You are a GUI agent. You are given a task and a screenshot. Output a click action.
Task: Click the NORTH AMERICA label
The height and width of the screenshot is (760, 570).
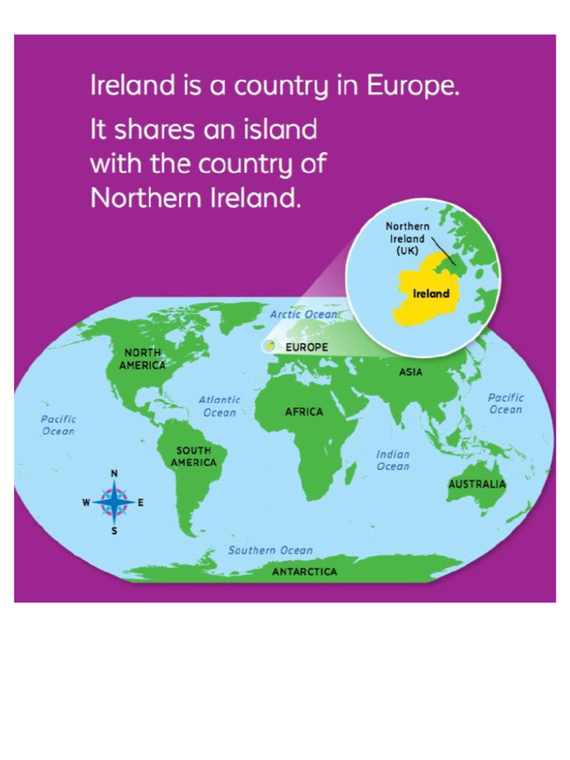tap(142, 358)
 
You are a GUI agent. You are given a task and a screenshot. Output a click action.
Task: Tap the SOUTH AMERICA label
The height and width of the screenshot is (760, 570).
tap(194, 456)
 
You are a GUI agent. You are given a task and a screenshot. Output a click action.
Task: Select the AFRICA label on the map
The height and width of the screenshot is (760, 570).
tap(304, 412)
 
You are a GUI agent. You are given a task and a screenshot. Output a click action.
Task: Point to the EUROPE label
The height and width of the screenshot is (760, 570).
tap(307, 347)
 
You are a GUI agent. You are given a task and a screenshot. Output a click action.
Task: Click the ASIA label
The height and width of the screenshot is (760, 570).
tap(410, 372)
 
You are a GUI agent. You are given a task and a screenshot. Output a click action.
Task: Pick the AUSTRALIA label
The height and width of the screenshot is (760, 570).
tap(476, 484)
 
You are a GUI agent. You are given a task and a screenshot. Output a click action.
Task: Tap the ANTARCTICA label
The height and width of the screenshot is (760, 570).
tap(304, 571)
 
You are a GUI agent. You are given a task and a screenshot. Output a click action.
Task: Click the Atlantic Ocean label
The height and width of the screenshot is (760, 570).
tap(220, 406)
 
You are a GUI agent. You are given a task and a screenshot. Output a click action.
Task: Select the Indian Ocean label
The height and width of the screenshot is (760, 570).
tap(393, 460)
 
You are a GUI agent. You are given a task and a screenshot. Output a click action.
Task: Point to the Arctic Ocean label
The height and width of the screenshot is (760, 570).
tap(303, 315)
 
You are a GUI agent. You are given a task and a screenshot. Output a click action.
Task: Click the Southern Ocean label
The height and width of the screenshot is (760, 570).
tap(270, 551)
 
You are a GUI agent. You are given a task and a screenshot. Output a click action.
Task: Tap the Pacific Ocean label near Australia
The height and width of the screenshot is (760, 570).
tap(505, 404)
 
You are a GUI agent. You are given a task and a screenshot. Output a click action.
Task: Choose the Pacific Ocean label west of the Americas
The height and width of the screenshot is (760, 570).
tap(58, 425)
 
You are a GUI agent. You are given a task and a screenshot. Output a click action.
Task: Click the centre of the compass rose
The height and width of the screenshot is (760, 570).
tap(114, 502)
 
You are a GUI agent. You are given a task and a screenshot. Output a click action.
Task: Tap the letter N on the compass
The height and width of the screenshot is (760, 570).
tap(114, 474)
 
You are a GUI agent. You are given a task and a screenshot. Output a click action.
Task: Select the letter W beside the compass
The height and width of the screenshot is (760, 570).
tap(86, 502)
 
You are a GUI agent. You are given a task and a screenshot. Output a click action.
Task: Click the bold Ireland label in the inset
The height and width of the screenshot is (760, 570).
tap(431, 294)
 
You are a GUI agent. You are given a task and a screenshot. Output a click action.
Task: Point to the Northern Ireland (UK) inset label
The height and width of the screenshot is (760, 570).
tap(407, 238)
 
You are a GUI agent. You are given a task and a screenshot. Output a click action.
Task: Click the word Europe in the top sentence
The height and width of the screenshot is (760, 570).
tap(413, 87)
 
